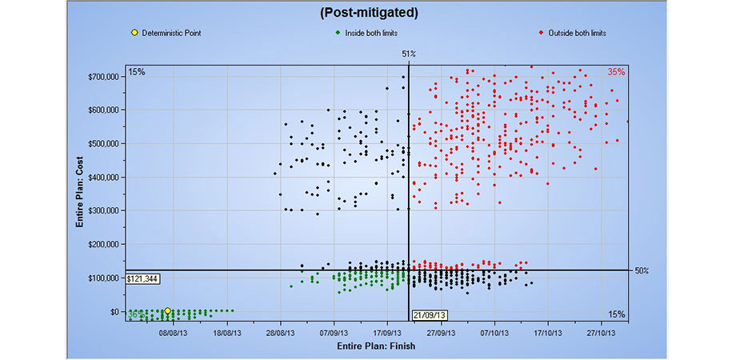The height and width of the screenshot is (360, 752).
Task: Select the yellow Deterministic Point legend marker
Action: tap(134, 33)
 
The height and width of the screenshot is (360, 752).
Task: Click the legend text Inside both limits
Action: tap(371, 33)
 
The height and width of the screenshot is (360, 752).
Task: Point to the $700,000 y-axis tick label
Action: tap(102, 76)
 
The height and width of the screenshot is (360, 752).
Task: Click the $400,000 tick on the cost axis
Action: tap(102, 177)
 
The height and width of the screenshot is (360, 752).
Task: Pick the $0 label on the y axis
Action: tap(113, 311)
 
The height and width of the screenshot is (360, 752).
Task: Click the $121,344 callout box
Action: tap(142, 278)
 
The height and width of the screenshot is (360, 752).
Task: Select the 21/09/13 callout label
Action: tap(429, 315)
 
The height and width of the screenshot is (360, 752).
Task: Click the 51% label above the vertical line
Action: tap(408, 54)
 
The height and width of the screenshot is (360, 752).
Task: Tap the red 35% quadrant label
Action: tap(615, 72)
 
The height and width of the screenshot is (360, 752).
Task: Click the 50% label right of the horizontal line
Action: tap(642, 270)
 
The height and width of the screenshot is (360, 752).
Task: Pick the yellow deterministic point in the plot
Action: tap(167, 310)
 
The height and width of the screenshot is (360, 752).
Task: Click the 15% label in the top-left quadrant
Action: tap(136, 72)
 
